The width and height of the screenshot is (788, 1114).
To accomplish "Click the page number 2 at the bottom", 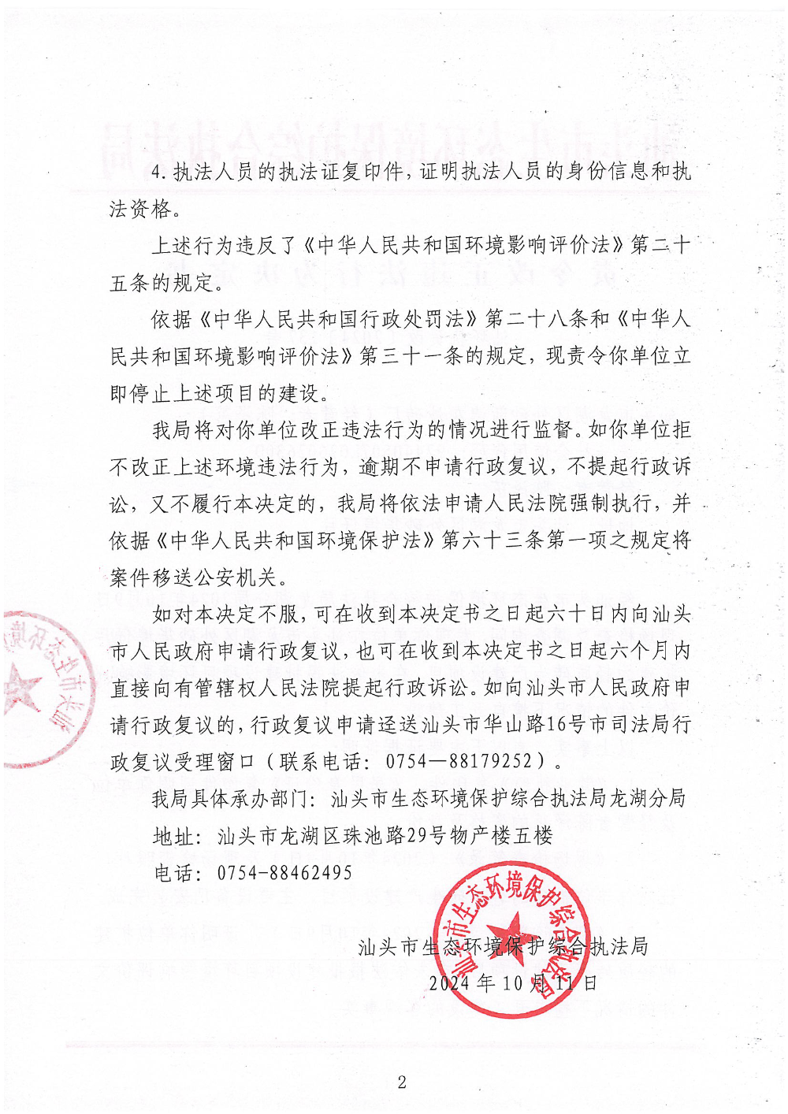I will click(x=402, y=1082).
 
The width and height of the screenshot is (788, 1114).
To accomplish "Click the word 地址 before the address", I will click(x=173, y=835).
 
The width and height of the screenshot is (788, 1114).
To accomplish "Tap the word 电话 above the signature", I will click(x=173, y=872).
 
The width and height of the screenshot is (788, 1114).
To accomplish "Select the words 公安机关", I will click(x=235, y=577).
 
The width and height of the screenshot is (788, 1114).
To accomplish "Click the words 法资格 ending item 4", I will click(x=140, y=209).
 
